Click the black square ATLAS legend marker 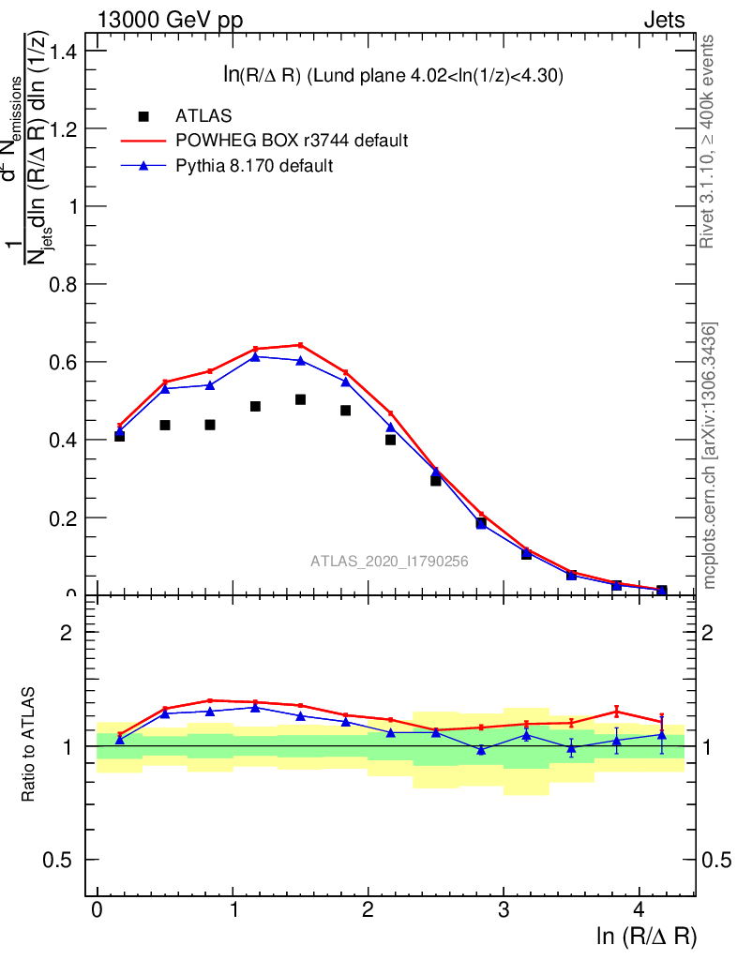click(x=143, y=116)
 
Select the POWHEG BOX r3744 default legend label click(x=292, y=141)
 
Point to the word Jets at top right click(x=663, y=21)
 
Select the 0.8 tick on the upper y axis click(x=64, y=284)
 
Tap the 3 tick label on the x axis click(x=504, y=910)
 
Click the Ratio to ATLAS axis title click(x=29, y=745)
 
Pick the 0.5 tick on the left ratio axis click(x=64, y=861)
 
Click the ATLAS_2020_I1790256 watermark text click(x=389, y=561)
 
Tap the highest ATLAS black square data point click(x=300, y=399)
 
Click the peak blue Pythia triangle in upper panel click(x=255, y=356)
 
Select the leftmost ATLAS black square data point click(x=119, y=436)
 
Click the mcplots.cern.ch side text click(x=710, y=456)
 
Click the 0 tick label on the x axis click(x=97, y=910)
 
